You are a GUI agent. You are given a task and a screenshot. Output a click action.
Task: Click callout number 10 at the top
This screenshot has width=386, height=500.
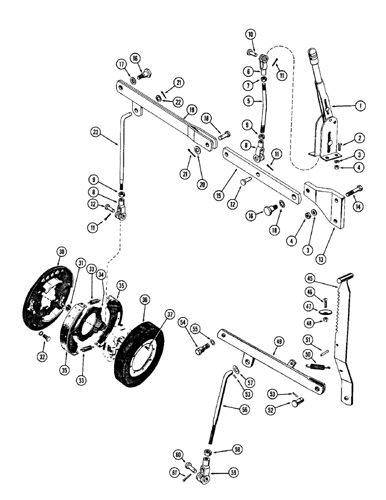(x=250, y=34)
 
